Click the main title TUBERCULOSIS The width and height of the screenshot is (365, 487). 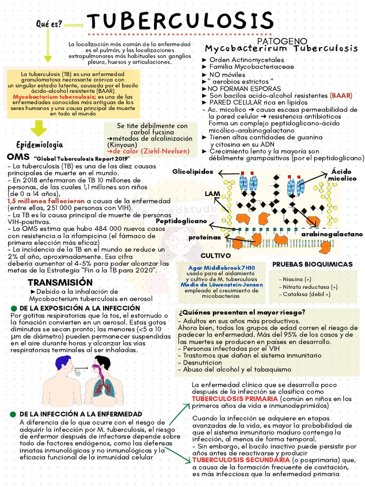181,21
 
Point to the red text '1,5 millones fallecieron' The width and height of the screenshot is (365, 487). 46,201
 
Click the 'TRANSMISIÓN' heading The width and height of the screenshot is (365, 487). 59,282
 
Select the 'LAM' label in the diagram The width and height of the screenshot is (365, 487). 211,194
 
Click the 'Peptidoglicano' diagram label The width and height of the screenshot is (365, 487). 182,221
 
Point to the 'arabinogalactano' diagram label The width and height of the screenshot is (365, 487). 332,234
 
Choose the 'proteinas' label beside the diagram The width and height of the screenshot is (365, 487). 204,237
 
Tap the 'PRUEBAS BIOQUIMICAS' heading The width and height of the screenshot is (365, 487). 312,264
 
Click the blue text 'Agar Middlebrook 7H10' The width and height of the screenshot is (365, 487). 222,268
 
